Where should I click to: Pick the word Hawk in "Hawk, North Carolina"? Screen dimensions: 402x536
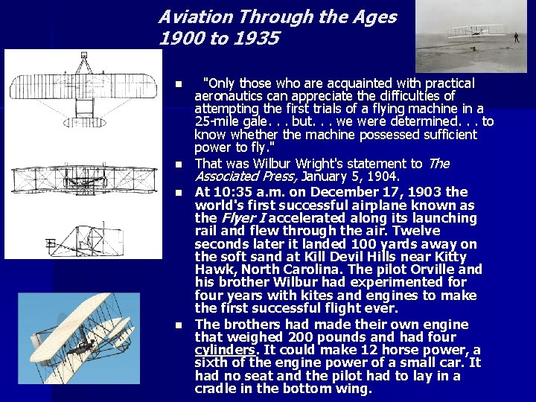tap(213, 269)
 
